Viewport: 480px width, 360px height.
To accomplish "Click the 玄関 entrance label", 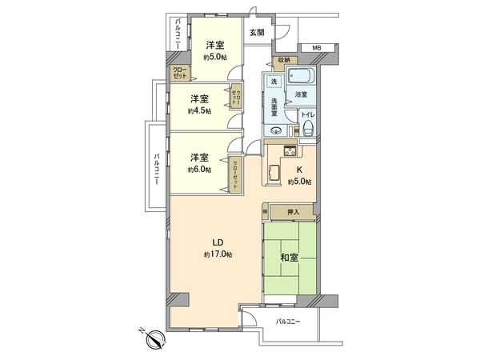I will pos(256,33).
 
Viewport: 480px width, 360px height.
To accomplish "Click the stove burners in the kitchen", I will pos(290,151).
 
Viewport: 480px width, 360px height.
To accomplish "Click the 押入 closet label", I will pos(292,212).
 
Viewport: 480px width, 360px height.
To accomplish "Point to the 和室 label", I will pos(290,258).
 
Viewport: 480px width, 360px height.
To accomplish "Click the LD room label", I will pos(216,242).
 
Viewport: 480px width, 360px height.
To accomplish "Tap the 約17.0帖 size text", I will pos(216,254).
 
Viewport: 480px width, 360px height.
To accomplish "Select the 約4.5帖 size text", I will pos(199,111).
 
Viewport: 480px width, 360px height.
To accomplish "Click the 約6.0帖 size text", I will pos(199,169).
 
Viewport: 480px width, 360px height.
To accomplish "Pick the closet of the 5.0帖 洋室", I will pos(178,73).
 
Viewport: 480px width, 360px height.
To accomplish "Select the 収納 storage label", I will pos(285,60).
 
